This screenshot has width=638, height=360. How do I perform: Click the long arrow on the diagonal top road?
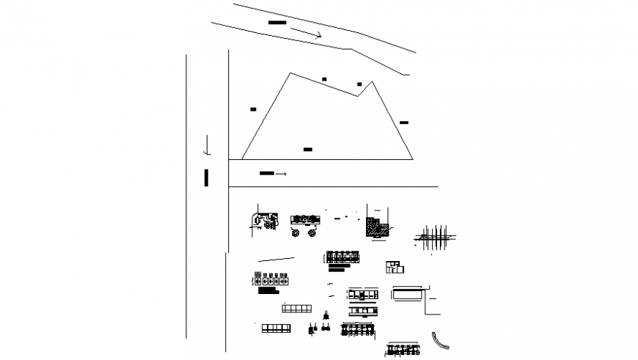click(x=306, y=33)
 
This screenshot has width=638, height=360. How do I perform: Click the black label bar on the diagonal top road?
click(x=277, y=23)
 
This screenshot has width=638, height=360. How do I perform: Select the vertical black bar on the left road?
click(x=207, y=177)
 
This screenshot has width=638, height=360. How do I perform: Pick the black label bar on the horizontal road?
click(x=267, y=174)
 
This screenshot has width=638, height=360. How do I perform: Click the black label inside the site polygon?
click(x=308, y=150)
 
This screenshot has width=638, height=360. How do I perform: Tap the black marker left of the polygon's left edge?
click(x=253, y=109)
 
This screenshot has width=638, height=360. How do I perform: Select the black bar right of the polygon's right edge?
click(x=404, y=122)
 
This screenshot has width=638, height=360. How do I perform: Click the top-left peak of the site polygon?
click(x=290, y=72)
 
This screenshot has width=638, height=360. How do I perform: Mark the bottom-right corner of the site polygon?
click(x=412, y=158)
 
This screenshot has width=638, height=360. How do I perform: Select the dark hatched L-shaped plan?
click(x=377, y=227)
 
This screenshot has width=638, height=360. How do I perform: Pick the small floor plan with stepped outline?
click(x=395, y=267)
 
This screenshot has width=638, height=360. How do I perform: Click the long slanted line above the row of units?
click(x=276, y=259)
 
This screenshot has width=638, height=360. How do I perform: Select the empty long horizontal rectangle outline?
click(x=408, y=293)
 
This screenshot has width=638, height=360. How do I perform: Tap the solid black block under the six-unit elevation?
click(x=268, y=290)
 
